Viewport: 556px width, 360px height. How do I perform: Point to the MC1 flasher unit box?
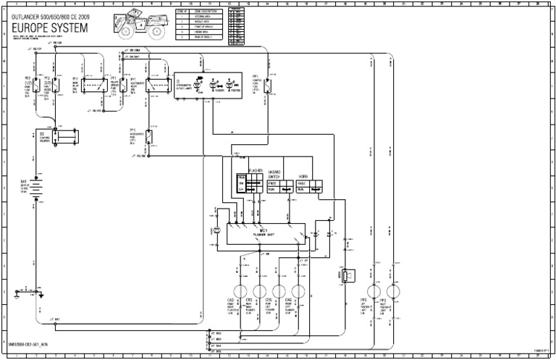click(264, 233)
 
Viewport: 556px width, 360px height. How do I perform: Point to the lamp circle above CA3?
click(240, 291)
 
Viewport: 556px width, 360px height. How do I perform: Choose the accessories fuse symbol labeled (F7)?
click(150, 138)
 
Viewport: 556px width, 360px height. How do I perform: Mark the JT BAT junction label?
click(55, 319)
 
